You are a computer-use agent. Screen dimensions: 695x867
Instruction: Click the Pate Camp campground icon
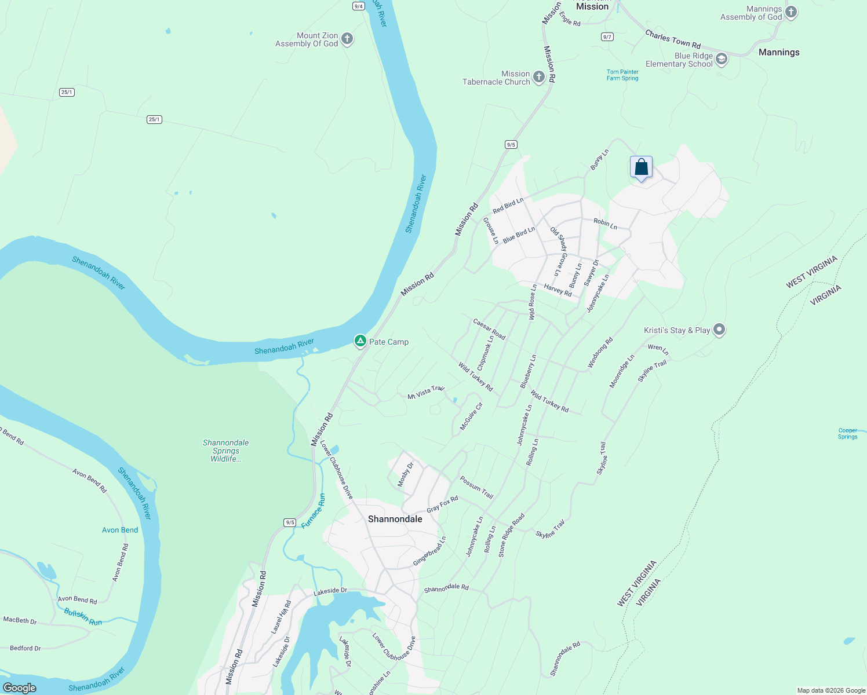pos(360,341)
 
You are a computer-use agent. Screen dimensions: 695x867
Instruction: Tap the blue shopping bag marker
pos(641,167)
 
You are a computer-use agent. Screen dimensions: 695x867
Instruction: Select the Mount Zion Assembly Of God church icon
pos(347,39)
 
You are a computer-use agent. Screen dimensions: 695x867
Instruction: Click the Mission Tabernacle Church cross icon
pos(538,77)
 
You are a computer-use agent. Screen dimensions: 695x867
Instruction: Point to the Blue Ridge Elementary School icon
pos(722,59)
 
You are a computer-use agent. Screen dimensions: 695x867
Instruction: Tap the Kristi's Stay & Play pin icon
pos(719,330)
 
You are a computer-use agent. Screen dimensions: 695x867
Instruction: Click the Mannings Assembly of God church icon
pos(791,12)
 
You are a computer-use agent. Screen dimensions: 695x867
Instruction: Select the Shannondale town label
pos(395,519)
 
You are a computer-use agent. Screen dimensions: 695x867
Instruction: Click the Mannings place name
pos(779,52)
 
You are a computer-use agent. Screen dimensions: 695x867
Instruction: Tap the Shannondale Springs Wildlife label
pos(225,451)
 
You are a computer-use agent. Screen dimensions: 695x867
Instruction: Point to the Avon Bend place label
pos(120,530)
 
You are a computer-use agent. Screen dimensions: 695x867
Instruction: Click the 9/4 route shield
pos(358,6)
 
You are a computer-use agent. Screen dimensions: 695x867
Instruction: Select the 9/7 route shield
pos(607,36)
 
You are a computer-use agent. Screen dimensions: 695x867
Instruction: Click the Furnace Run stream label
pos(314,511)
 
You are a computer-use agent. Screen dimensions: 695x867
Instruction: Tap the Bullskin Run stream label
pos(83,617)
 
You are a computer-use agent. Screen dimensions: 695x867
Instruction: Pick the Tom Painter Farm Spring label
pos(622,75)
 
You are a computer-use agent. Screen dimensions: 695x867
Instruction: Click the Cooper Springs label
pos(847,433)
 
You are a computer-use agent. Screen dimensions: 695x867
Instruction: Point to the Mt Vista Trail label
pos(426,393)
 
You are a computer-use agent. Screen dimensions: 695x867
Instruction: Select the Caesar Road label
pos(489,329)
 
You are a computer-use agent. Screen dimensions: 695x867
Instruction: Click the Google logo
pos(20,687)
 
